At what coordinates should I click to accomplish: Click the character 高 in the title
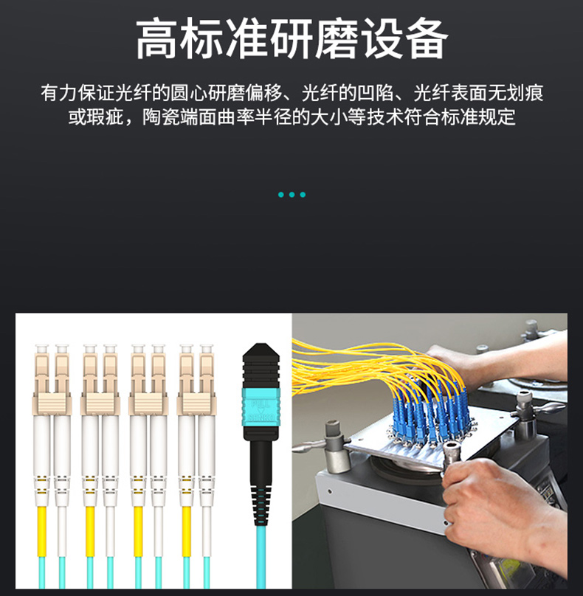(156, 39)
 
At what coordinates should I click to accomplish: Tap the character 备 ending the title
(427, 39)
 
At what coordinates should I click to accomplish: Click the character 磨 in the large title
(337, 39)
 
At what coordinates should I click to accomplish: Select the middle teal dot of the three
(291, 195)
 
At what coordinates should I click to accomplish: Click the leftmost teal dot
(281, 195)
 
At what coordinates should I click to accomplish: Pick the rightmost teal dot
(303, 195)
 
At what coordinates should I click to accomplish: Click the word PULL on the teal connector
(261, 403)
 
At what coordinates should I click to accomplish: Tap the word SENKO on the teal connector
(261, 418)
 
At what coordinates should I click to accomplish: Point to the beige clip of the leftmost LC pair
(52, 404)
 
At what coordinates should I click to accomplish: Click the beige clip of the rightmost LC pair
(196, 404)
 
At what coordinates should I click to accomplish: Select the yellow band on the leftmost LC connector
(41, 531)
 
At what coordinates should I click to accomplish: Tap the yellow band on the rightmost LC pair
(187, 531)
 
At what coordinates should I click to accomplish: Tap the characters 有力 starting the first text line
(59, 93)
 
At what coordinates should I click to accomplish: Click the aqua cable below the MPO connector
(261, 557)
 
